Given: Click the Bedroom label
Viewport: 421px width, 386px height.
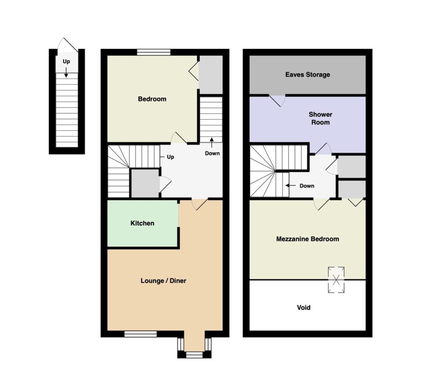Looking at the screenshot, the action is click(x=152, y=99).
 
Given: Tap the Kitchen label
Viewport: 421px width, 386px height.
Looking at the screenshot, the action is click(x=142, y=223).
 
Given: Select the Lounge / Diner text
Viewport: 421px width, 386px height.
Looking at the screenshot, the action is click(x=163, y=281).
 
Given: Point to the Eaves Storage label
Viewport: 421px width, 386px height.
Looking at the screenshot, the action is click(x=308, y=74).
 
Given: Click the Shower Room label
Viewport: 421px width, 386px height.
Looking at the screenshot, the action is click(x=320, y=118).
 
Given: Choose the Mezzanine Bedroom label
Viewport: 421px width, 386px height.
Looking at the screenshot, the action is click(x=308, y=239).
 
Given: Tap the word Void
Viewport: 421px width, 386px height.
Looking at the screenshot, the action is click(x=304, y=307).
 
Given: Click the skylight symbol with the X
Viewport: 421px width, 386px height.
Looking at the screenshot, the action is click(x=336, y=279).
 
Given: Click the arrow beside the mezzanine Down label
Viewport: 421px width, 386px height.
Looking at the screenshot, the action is click(x=291, y=186).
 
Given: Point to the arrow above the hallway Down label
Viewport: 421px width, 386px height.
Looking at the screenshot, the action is click(x=212, y=143).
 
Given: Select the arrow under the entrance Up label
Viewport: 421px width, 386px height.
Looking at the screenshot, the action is click(x=66, y=72).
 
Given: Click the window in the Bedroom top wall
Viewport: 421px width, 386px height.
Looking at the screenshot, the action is click(x=154, y=52).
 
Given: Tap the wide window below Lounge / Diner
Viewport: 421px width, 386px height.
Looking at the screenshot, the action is click(x=141, y=334).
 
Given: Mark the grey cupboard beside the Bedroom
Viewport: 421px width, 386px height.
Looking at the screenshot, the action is click(x=211, y=75).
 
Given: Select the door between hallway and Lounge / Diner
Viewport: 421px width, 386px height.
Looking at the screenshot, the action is click(x=200, y=204).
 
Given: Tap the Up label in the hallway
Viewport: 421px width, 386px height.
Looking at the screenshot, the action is click(x=171, y=157).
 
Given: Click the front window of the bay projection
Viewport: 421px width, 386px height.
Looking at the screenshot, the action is click(x=194, y=355).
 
